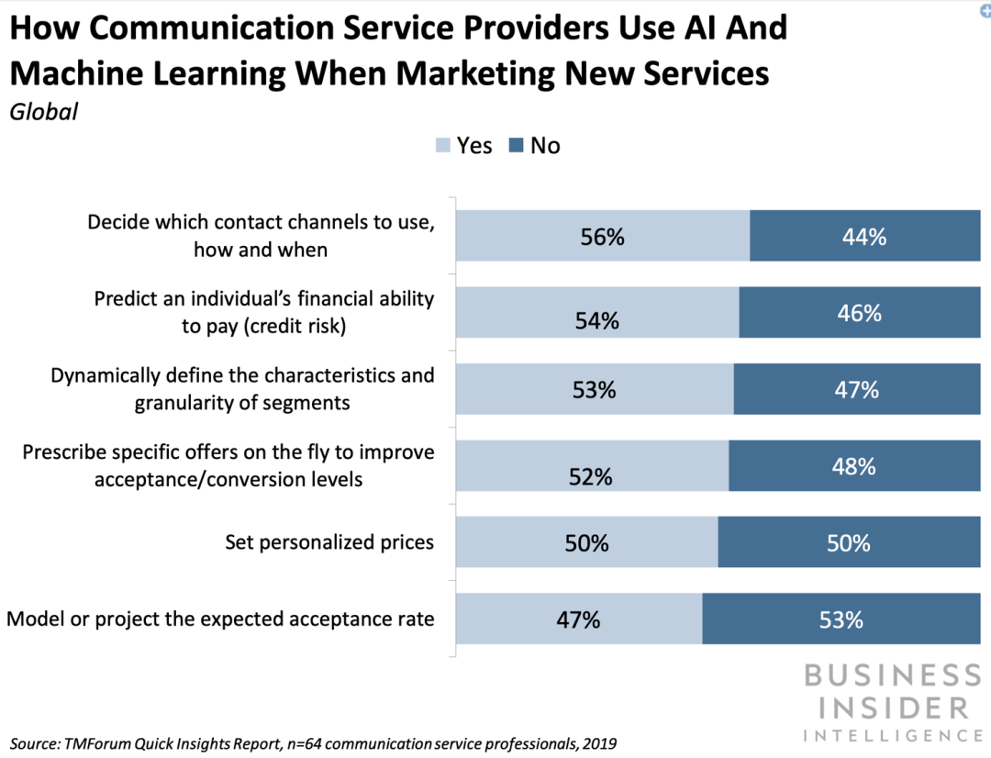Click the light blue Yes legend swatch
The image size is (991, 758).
click(442, 146)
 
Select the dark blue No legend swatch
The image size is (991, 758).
click(515, 146)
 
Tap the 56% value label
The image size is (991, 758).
click(602, 237)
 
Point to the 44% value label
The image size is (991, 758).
click(864, 237)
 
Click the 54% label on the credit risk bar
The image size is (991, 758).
click(596, 321)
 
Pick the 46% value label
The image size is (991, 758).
click(860, 313)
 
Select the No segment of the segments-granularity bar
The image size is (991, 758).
click(856, 390)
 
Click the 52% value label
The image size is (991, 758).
click(589, 477)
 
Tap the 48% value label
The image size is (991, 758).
click(853, 466)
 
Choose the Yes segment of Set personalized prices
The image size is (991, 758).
click(586, 542)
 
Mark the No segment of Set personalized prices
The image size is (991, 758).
click(849, 542)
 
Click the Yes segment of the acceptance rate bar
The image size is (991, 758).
click(579, 619)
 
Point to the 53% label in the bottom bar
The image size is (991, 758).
click(841, 619)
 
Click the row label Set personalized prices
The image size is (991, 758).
click(329, 542)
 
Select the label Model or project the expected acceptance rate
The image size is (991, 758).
click(220, 619)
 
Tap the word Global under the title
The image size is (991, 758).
click(43, 113)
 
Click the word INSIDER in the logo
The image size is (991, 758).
click(886, 708)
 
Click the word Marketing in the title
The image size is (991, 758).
click(450, 72)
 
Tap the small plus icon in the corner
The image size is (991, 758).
click(985, 6)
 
